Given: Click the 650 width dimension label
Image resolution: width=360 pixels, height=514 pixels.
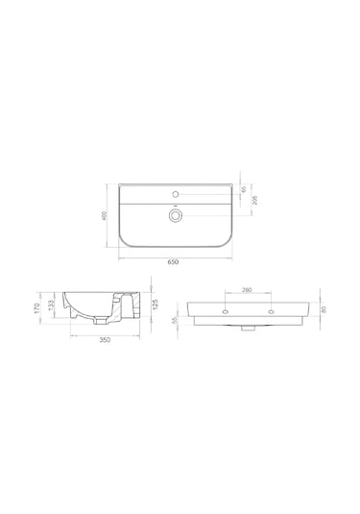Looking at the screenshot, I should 173,261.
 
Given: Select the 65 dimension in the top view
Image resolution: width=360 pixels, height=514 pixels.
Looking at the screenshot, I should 244,190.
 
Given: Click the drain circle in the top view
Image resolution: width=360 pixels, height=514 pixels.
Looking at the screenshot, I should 175,217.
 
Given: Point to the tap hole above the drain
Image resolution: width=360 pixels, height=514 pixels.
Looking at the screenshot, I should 175,194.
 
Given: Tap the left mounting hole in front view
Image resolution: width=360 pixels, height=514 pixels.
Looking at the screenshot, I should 225,311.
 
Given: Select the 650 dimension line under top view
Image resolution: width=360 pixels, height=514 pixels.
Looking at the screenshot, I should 173,257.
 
